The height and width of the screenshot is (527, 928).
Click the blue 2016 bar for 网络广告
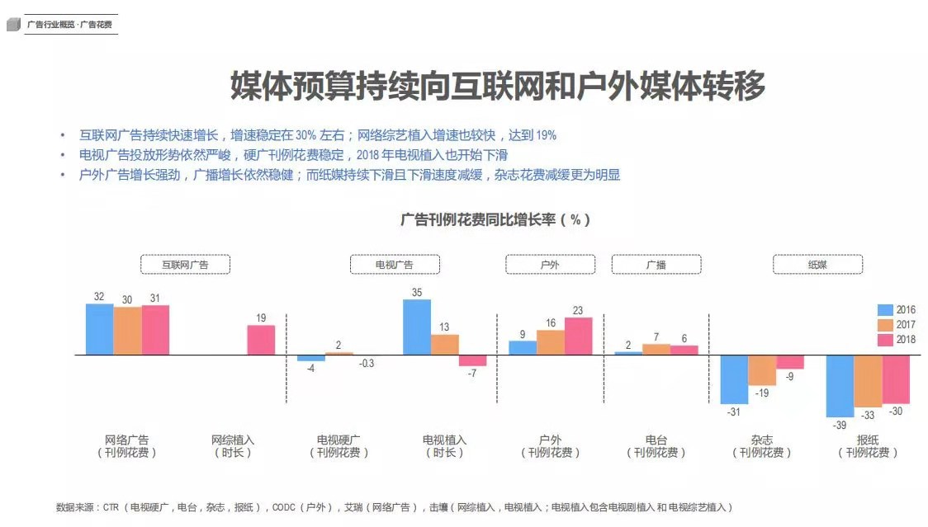coord(99,329)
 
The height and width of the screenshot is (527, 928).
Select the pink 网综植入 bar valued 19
coord(261,340)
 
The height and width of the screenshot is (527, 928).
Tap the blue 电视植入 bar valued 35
coord(417,327)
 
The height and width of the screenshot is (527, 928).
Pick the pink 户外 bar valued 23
coord(578,336)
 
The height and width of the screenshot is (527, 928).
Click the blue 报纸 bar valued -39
coord(840,386)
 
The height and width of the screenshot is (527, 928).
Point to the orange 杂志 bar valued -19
coord(762,370)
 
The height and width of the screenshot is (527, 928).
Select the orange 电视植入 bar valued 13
coord(444,345)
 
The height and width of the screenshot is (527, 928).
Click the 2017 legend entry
coord(896,325)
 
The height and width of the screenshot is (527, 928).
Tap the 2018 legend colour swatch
coord(885,340)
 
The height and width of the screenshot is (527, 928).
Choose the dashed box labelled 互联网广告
coord(185,265)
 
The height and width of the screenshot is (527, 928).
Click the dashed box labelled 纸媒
coord(817,265)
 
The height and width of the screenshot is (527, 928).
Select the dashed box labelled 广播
coord(656,265)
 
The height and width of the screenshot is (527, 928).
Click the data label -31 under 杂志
coord(733,412)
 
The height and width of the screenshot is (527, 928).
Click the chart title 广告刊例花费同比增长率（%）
coord(495,220)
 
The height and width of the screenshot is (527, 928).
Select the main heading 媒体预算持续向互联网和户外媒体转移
coord(497,87)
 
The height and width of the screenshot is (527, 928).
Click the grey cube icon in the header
coord(13,25)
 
